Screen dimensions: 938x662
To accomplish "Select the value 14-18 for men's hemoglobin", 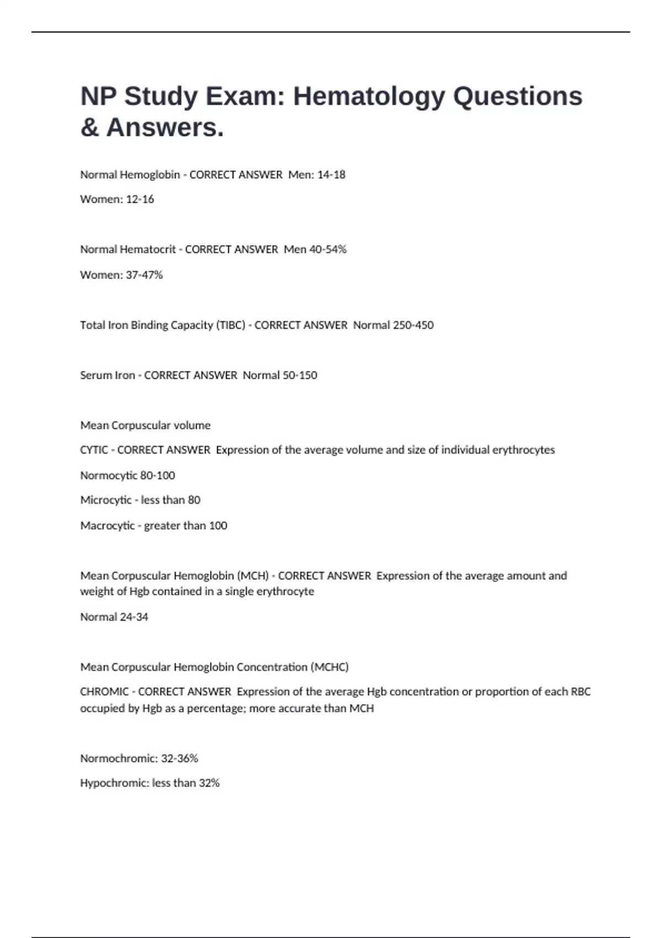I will pyautogui.click(x=331, y=175).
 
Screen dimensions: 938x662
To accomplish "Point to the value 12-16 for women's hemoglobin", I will pyautogui.click(x=140, y=199).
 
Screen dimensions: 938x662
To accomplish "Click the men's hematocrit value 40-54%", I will pyautogui.click(x=328, y=249).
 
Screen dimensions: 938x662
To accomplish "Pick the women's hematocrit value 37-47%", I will pyautogui.click(x=145, y=275).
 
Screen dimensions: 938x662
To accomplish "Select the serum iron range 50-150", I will pyautogui.click(x=300, y=375).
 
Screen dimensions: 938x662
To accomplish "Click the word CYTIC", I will pyautogui.click(x=94, y=450).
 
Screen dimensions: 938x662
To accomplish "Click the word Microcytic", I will pyautogui.click(x=106, y=500).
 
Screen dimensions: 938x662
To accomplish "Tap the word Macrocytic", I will pyautogui.click(x=108, y=526).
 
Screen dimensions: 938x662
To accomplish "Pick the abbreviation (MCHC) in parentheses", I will pyautogui.click(x=329, y=667).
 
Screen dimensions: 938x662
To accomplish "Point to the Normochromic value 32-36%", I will pyautogui.click(x=179, y=759).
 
